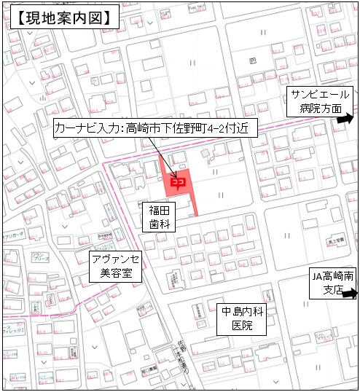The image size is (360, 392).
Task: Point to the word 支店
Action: (321, 291)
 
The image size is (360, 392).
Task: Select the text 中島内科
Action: (240, 312)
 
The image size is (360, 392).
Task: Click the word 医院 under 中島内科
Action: (240, 326)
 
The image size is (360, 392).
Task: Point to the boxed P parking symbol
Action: (251, 60)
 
